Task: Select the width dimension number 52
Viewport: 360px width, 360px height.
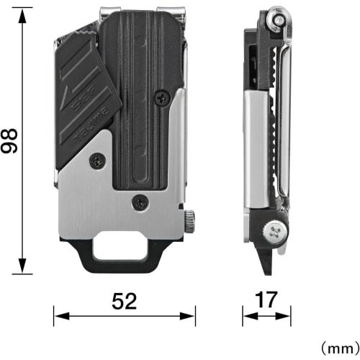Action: pos(124,302)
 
